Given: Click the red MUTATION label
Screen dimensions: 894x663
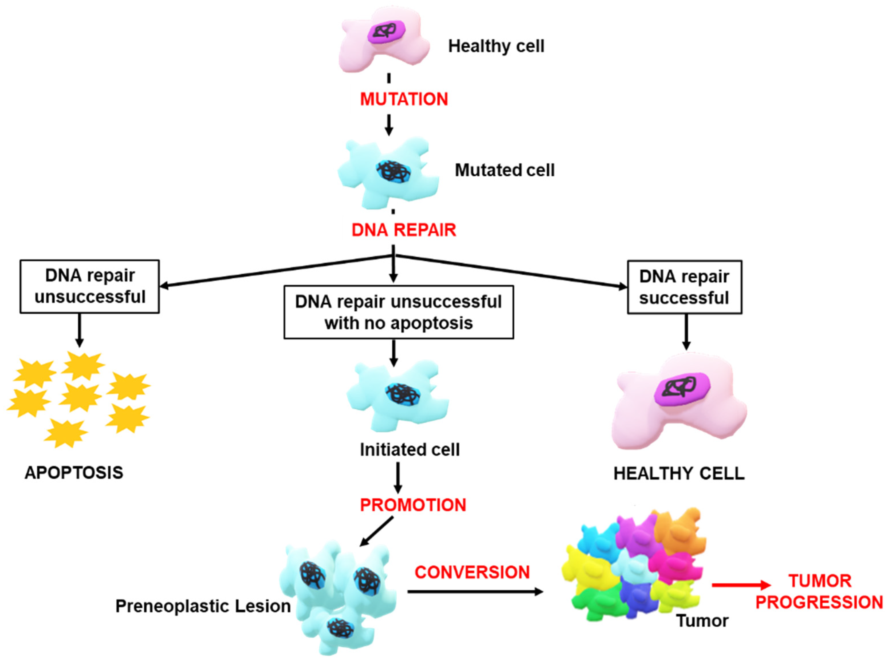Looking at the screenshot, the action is (x=404, y=99).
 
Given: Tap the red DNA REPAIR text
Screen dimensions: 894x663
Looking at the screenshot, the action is (x=404, y=230).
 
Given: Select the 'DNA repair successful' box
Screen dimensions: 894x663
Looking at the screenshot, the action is (x=684, y=287).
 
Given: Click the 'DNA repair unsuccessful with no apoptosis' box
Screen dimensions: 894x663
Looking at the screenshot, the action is (x=398, y=312).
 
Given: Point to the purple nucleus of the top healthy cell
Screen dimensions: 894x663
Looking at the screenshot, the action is (x=386, y=31).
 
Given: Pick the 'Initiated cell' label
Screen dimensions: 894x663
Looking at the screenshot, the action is (x=409, y=449).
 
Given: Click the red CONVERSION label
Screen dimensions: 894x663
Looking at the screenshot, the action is (x=472, y=572).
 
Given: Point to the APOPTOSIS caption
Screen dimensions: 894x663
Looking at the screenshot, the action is (x=74, y=473).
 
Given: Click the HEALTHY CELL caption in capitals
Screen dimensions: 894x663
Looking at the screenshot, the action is (x=679, y=474).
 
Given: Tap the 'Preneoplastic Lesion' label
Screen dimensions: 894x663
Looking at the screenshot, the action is (x=203, y=606).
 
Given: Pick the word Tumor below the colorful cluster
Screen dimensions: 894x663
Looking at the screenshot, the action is (x=702, y=621).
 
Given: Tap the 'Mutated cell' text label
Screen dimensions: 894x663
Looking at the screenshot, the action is (x=504, y=170).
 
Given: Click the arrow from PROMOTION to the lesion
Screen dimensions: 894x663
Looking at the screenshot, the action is (x=376, y=532).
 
